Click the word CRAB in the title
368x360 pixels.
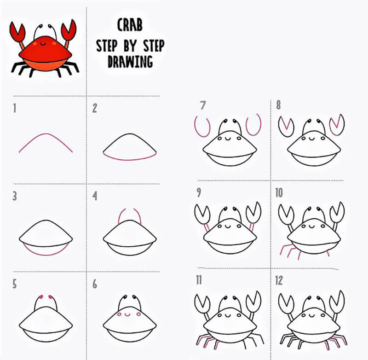pyautogui.click(x=130, y=25)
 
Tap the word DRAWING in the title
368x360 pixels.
pyautogui.click(x=130, y=62)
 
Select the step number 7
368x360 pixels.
pyautogui.click(x=203, y=105)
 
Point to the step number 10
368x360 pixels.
pyautogui.click(x=279, y=193)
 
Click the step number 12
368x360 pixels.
pyautogui.click(x=279, y=280)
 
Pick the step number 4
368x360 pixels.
pyautogui.click(x=95, y=196)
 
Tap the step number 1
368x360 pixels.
pyautogui.click(x=15, y=108)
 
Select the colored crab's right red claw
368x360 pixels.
pyautogui.click(x=69, y=30)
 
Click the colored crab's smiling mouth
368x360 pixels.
pyautogui.click(x=43, y=43)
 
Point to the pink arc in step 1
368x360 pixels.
pyautogui.click(x=46, y=134)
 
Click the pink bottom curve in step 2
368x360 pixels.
pyautogui.click(x=130, y=160)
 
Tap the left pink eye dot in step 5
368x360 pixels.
pyautogui.click(x=41, y=297)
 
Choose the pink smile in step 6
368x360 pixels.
pyautogui.click(x=127, y=315)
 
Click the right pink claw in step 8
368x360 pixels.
pyautogui.click(x=337, y=125)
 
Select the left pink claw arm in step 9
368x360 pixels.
pyautogui.click(x=207, y=227)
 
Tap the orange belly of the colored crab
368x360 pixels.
pyautogui.click(x=45, y=65)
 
